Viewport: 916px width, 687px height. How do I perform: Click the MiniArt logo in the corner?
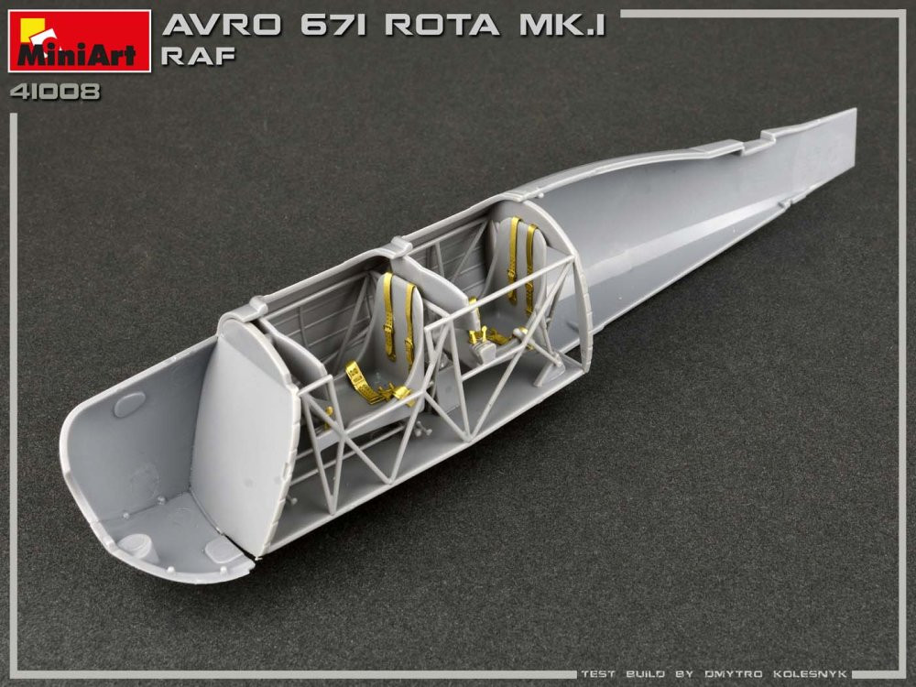pos(80,41)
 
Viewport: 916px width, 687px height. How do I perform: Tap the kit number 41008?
pos(55,92)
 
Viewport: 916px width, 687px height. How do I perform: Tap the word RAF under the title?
pos(198,56)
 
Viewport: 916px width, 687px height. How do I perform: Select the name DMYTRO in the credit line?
pos(733,673)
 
